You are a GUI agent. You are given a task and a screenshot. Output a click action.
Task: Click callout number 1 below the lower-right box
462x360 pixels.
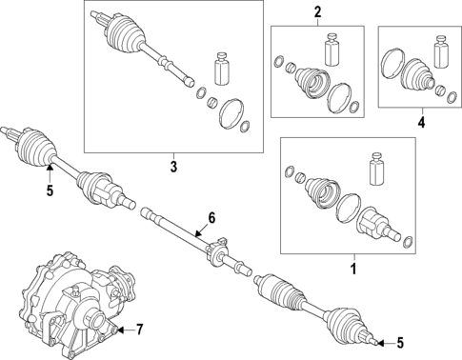[353, 270]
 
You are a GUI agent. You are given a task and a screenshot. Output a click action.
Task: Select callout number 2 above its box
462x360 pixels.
[317, 12]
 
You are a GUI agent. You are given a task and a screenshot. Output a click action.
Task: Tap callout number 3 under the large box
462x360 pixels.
[173, 167]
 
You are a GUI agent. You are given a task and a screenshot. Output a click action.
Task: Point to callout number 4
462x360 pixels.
[421, 122]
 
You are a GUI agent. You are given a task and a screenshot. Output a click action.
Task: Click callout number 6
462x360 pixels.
[211, 218]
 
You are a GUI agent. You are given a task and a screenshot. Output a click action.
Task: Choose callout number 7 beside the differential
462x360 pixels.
[139, 330]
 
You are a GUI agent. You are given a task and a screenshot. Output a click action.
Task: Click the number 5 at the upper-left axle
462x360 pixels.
[50, 190]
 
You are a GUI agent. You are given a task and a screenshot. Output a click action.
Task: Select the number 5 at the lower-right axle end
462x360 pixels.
[400, 343]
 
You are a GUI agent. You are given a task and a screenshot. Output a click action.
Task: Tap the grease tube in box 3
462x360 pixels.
[222, 69]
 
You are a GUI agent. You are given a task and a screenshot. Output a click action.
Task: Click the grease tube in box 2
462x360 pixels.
[331, 49]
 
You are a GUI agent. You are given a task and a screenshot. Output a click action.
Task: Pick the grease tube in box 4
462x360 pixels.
[442, 52]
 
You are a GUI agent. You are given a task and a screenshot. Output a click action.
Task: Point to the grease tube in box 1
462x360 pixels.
[377, 169]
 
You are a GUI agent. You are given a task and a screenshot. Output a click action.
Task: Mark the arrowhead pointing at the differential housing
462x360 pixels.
[120, 330]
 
